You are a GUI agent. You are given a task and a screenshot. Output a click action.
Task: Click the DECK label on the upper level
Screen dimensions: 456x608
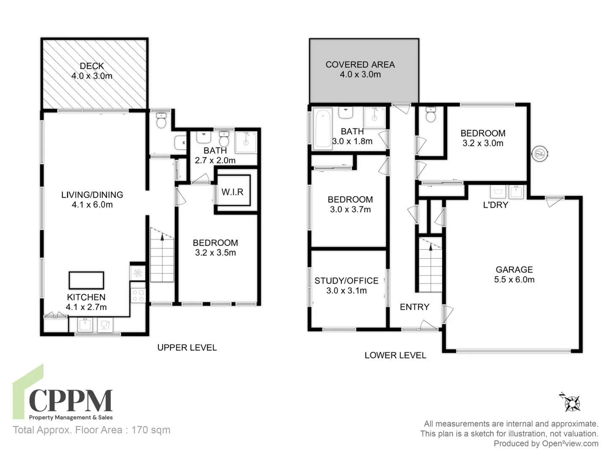coord(92,66)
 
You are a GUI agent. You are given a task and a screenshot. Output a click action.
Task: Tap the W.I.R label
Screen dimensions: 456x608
coord(232,192)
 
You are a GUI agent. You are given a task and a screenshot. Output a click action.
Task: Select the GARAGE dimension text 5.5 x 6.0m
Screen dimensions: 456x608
coord(514,280)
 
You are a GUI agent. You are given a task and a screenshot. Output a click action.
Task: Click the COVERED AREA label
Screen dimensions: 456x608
coord(360,65)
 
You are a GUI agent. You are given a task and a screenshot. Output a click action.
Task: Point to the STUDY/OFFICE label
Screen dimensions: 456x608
coord(346,281)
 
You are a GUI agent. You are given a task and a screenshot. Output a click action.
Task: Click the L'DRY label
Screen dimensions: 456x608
coord(495,205)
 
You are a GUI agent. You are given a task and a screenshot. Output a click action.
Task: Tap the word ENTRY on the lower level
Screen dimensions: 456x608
coord(414,307)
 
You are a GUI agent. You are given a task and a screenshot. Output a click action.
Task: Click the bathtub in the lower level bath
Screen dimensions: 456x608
coord(323,128)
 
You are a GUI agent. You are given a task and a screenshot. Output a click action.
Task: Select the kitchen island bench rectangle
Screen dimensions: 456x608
coord(86,280)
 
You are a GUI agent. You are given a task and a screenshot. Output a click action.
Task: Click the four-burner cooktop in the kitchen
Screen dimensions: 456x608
coord(138,295)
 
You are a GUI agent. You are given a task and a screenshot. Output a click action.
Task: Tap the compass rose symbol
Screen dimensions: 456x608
coord(572,403)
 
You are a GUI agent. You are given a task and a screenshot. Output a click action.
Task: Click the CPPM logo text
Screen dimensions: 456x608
coord(71,401)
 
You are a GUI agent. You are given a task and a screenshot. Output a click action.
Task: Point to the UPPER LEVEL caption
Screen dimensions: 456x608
coord(187,347)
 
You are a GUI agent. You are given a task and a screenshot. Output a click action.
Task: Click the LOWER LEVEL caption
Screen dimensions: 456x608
coord(395,356)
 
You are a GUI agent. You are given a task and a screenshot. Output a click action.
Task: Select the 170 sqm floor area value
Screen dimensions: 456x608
coord(151,430)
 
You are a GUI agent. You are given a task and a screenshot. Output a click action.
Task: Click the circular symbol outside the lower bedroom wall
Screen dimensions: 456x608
coord(540,154)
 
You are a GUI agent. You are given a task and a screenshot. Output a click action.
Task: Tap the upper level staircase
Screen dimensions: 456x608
coord(162,258)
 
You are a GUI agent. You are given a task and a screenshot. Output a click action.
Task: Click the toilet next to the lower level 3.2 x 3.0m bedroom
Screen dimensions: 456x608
coord(431,115)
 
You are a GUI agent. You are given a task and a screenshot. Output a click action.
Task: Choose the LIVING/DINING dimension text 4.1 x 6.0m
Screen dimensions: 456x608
coord(92,205)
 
